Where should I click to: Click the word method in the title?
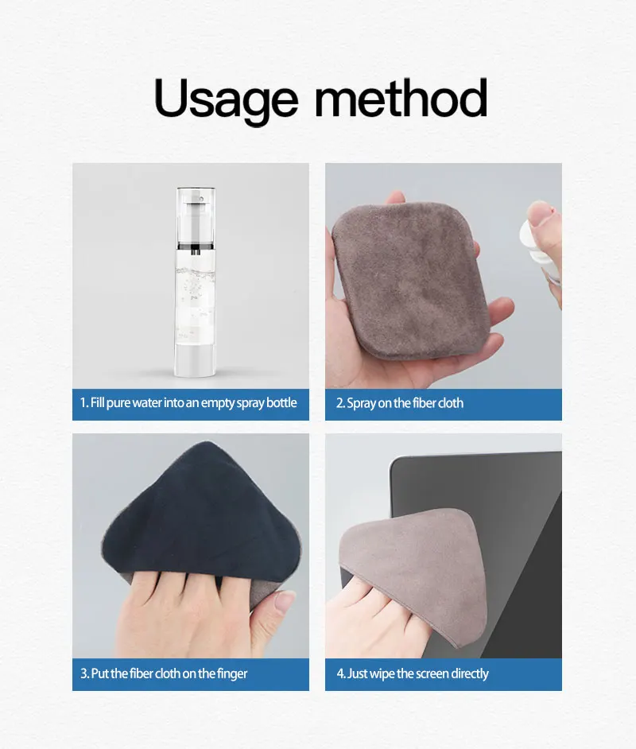pos(401,99)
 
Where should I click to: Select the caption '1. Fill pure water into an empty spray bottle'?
pos(189,403)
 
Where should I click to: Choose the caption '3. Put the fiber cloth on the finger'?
pos(165,673)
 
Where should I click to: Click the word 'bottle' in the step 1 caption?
pos(281,403)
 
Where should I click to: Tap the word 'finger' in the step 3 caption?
pos(231,673)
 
